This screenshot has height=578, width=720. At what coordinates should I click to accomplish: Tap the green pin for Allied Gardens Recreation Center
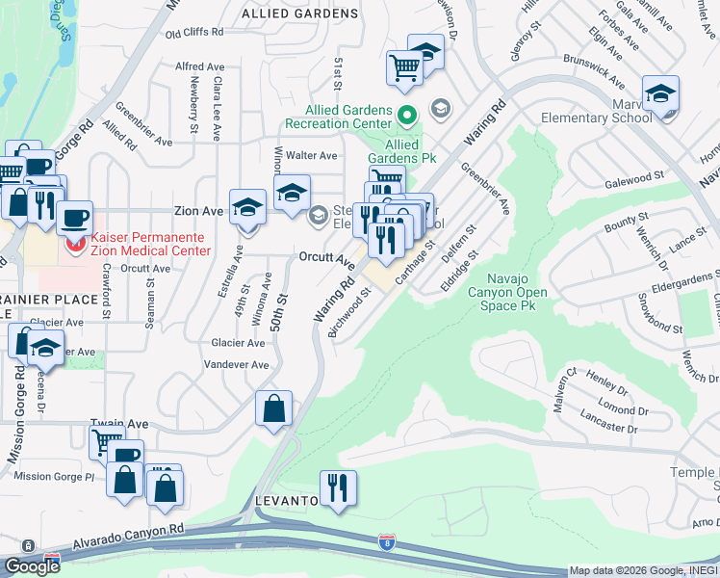406,117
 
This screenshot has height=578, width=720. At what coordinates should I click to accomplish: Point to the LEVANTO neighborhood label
287,502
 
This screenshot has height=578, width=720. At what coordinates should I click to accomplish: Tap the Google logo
32,566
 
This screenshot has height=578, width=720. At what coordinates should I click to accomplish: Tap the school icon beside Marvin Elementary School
661,93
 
